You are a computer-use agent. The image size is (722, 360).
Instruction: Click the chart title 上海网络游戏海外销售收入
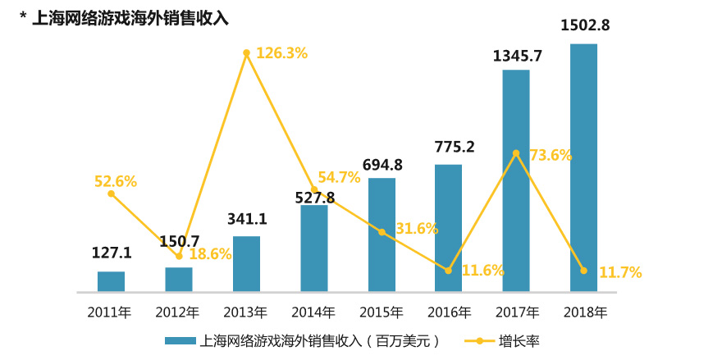[x=130, y=18]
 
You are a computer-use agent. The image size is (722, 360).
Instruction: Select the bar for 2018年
[x=583, y=167]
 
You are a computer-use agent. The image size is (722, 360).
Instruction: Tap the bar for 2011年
[x=111, y=281]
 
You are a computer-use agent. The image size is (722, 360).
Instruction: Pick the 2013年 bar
[x=246, y=263]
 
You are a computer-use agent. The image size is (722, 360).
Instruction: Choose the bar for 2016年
[x=448, y=227]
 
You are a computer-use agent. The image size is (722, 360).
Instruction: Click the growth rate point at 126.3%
[x=246, y=53]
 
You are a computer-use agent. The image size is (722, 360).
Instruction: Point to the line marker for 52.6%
[x=111, y=194]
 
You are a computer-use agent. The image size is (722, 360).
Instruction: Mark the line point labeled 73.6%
[x=515, y=153]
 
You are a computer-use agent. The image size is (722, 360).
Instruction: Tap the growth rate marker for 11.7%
[x=583, y=271]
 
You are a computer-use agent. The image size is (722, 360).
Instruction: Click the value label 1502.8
[x=584, y=25]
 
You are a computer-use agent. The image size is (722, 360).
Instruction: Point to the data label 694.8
[x=382, y=164]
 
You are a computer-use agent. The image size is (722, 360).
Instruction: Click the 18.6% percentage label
[x=210, y=255]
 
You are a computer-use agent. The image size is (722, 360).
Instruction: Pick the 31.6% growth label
[x=417, y=229]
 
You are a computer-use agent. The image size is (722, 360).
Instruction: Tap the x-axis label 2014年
[x=313, y=312]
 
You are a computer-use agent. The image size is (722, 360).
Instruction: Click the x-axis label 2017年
[x=516, y=312]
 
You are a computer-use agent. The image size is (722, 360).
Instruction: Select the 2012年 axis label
[x=178, y=312]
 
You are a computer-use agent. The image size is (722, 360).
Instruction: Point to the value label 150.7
[x=179, y=241]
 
